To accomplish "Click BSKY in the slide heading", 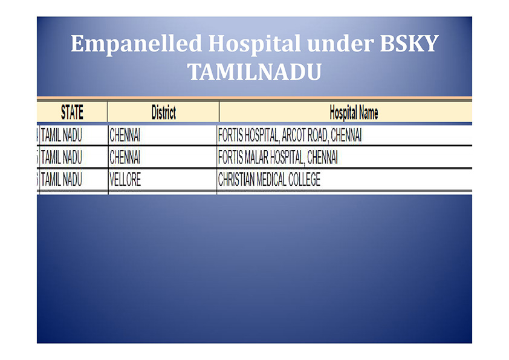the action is (x=409, y=43).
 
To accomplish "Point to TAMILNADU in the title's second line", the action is (x=254, y=72).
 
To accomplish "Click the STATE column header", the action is (x=72, y=112).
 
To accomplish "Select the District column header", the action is (x=164, y=113).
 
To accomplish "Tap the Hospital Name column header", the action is (x=354, y=113).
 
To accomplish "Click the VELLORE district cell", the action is (x=125, y=179).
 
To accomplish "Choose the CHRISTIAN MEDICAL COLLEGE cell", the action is (x=269, y=179).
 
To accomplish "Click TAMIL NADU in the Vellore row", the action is (x=62, y=179).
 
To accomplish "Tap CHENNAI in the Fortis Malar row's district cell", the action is (x=125, y=157).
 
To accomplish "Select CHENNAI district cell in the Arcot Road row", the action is (x=125, y=135).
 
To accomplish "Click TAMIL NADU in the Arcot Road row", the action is (x=62, y=135).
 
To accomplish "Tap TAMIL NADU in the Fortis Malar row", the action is (x=62, y=157).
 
